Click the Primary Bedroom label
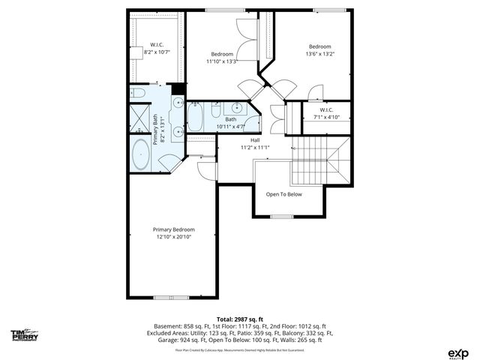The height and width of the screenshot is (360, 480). (173, 229)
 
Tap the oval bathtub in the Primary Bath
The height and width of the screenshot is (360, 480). (142, 157)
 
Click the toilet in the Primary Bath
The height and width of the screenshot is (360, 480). (137, 94)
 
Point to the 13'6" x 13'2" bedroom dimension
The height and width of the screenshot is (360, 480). (319, 54)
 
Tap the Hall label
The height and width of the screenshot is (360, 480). (255, 139)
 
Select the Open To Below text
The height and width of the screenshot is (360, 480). (284, 194)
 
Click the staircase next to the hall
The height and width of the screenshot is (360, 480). (320, 160)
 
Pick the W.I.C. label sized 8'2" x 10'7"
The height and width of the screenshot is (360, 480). (157, 52)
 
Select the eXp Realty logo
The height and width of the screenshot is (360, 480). (457, 352)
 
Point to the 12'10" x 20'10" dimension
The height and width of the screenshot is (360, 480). (173, 238)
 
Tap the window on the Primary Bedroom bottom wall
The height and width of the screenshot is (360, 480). (171, 297)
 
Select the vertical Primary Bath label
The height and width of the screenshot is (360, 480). (156, 128)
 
